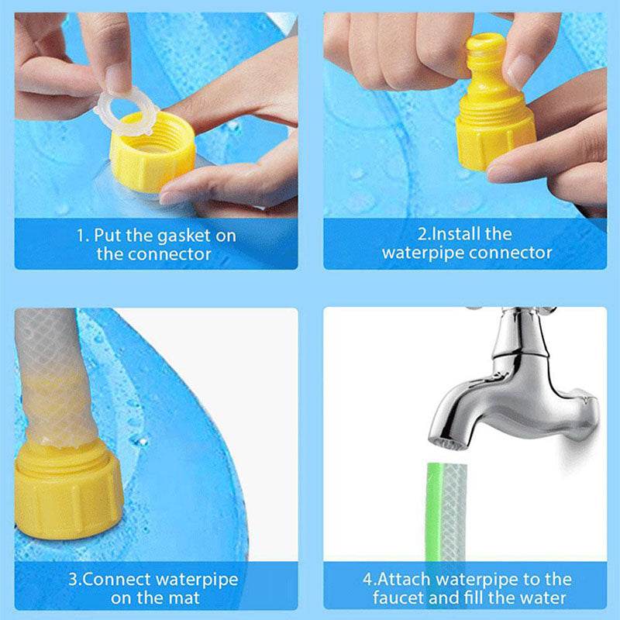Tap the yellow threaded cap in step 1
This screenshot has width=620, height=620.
pyautogui.click(x=152, y=159)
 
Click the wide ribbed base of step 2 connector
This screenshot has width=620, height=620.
pyautogui.click(x=495, y=140)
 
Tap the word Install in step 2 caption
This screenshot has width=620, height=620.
pyautogui.click(x=450, y=233)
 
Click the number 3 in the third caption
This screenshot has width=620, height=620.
pyautogui.click(x=72, y=580)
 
